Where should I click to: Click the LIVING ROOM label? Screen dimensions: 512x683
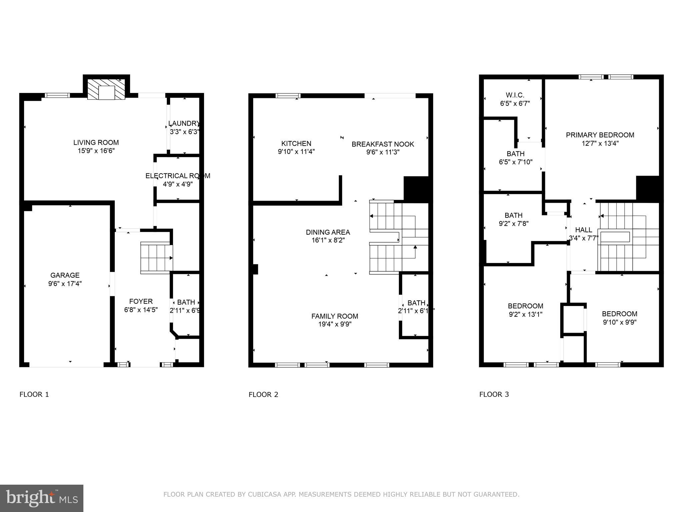tap(96, 142)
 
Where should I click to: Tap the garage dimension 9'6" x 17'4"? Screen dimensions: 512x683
tap(65, 284)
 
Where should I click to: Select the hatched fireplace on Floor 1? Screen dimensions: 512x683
tap(106, 89)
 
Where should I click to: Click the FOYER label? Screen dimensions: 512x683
tap(141, 301)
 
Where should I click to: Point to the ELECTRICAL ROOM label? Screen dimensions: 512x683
tap(178, 176)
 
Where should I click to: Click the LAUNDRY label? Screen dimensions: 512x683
tap(184, 123)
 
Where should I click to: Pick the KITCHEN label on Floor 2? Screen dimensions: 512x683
tap(296, 143)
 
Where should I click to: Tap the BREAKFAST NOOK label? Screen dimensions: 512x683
tap(383, 144)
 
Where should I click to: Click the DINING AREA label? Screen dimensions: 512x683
tap(328, 232)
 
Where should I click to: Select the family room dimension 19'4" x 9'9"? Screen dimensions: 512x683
tap(335, 324)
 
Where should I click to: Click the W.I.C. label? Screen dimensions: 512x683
tap(515, 95)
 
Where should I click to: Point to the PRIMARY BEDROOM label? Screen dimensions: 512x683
tap(600, 135)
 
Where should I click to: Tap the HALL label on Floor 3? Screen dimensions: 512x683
tap(584, 230)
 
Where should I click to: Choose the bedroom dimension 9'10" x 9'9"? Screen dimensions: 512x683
tap(620, 322)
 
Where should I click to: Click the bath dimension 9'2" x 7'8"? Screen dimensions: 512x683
tap(514, 224)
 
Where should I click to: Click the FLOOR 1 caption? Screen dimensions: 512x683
tap(34, 394)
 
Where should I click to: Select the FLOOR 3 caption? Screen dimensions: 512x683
tap(494, 394)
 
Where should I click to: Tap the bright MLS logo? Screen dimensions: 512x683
tap(42, 498)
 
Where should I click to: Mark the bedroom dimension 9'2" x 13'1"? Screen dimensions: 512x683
tap(526, 314)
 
